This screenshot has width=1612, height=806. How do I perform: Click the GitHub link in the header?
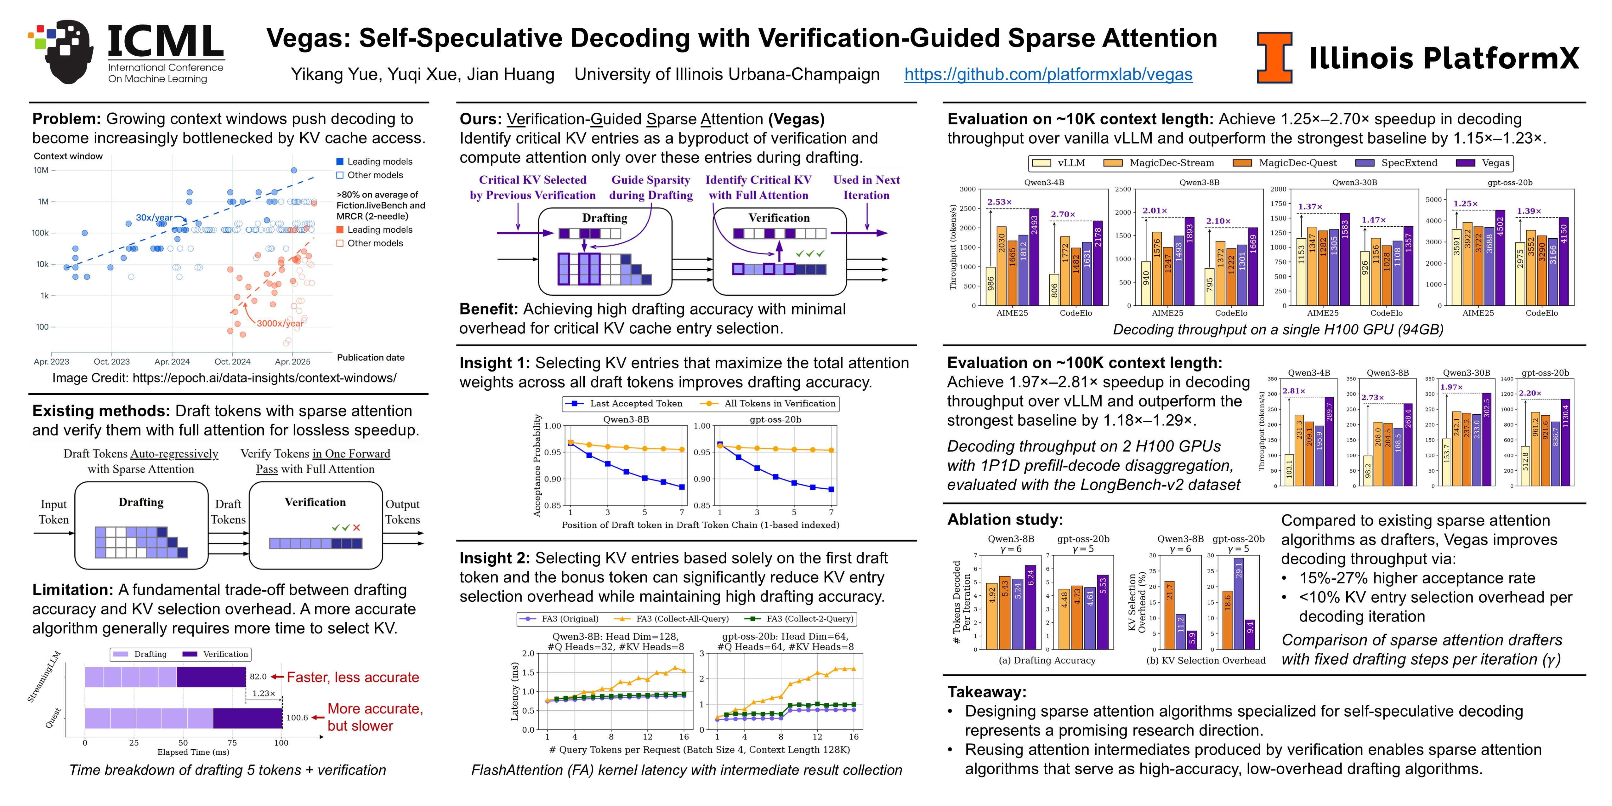[1048, 75]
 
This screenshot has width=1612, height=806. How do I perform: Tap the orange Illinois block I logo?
[1274, 58]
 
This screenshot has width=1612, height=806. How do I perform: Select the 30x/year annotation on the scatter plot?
[154, 217]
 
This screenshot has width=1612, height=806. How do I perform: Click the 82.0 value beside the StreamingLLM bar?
[258, 677]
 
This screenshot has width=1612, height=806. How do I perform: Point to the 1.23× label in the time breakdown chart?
[264, 693]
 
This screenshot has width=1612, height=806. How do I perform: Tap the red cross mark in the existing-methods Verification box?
[357, 528]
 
